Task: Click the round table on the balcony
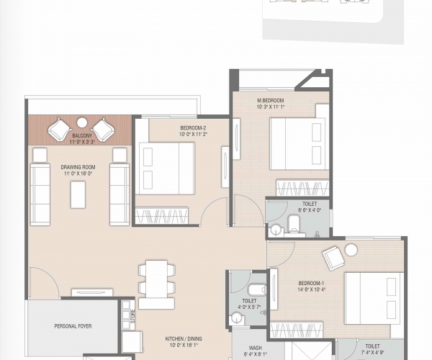point(81,122)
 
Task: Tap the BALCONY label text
point(81,135)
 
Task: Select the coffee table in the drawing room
point(78,194)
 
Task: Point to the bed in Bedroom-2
point(166,168)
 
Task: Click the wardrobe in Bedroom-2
point(161,215)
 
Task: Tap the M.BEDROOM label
point(271,100)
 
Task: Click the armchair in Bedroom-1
point(333,257)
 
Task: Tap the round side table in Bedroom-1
point(351,250)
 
